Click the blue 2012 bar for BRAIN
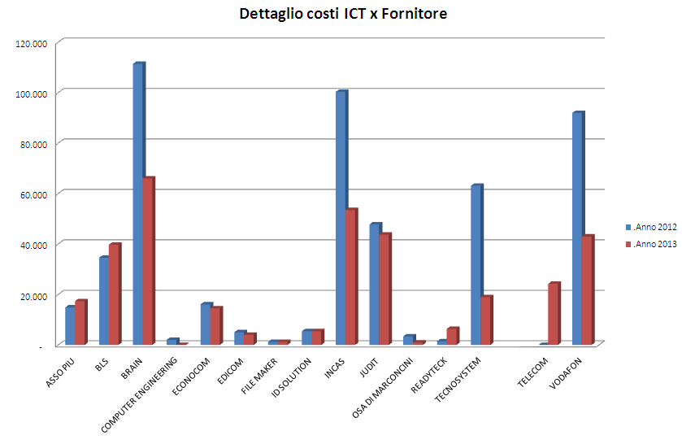(139, 204)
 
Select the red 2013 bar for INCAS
(351, 276)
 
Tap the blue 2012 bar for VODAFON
(578, 229)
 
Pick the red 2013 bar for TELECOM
(554, 314)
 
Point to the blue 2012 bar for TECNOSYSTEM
(476, 264)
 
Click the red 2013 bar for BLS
(115, 294)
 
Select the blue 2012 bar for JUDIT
(375, 284)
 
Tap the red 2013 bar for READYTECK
(452, 336)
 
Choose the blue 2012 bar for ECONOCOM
(206, 324)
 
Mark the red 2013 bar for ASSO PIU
(81, 323)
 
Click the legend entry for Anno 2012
(651, 227)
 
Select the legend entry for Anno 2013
(651, 244)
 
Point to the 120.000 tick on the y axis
(32, 44)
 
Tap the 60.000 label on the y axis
(33, 195)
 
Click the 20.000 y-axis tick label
(33, 297)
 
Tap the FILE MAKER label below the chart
(259, 376)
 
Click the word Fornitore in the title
(414, 14)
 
